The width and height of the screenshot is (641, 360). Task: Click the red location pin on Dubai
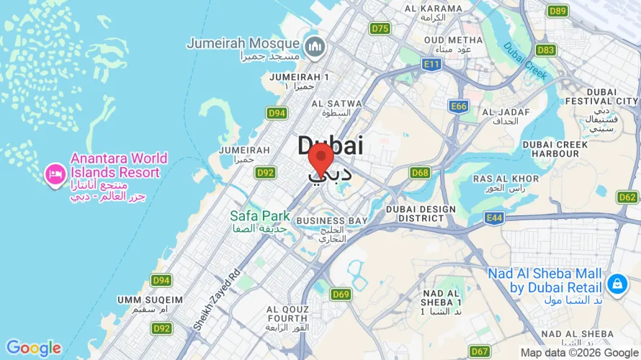(x=320, y=158)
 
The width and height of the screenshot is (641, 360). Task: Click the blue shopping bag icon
(x=617, y=284)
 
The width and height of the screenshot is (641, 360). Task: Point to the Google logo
(x=34, y=348)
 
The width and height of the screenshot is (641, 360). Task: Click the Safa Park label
(x=259, y=216)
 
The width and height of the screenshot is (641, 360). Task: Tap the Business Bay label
(x=332, y=220)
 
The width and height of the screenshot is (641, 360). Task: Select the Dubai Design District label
(x=421, y=213)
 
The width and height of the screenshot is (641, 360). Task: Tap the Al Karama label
(x=433, y=9)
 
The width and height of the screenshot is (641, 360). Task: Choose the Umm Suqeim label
(x=150, y=299)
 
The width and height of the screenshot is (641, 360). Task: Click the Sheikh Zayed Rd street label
(x=216, y=301)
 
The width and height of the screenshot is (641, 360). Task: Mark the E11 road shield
(x=432, y=65)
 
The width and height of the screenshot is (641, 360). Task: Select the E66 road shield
(x=459, y=107)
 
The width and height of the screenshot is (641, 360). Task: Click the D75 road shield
(x=380, y=28)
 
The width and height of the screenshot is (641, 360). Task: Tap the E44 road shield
(x=495, y=217)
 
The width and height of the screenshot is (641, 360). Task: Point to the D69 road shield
(x=341, y=294)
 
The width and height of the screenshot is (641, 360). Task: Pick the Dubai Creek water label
(x=525, y=61)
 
